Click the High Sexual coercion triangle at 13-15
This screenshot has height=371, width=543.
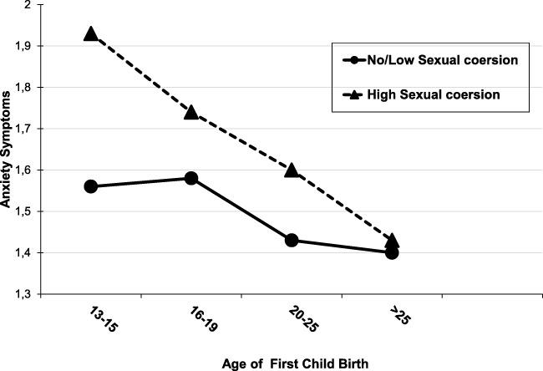coord(91,34)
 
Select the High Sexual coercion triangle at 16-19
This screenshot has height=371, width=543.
coord(191,112)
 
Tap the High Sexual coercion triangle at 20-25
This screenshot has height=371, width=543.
coord(292,170)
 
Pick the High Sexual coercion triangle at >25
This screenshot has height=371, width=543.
coord(392,240)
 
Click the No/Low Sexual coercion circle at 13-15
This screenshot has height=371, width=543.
coord(91,186)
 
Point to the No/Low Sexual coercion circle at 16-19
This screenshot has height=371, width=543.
coord(191,178)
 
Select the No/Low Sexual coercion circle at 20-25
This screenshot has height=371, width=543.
coord(292,240)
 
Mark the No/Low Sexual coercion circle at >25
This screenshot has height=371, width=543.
coord(392,252)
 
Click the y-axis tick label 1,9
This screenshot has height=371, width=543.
coord(23,46)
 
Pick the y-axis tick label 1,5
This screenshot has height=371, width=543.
coord(23,211)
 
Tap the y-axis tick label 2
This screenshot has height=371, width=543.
coord(28,5)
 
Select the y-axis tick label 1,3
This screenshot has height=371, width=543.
coord(23,294)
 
